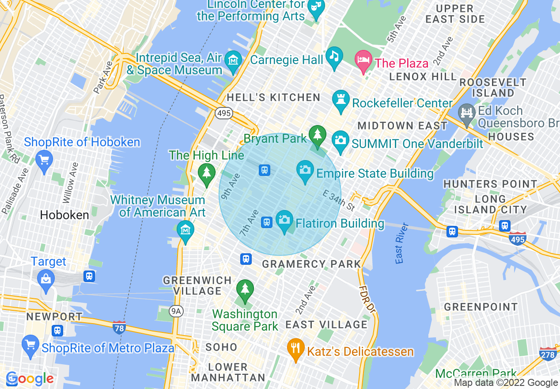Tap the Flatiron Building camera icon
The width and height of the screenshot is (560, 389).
pyautogui.click(x=284, y=221)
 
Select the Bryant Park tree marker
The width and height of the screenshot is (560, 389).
pyautogui.click(x=317, y=134)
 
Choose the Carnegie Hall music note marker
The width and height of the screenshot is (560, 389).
pyautogui.click(x=334, y=57)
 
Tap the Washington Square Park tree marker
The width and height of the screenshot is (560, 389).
pyautogui.click(x=245, y=290)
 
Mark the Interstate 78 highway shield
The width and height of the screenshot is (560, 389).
pyautogui.click(x=119, y=327)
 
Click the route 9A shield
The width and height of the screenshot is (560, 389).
pyautogui.click(x=176, y=311)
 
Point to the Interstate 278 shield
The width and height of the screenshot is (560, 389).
pyautogui.click(x=548, y=354)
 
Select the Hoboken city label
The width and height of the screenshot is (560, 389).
pyautogui.click(x=64, y=215)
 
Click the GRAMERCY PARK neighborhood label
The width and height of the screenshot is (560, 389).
pyautogui.click(x=311, y=264)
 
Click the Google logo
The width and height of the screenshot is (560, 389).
pyautogui.click(x=30, y=379)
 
